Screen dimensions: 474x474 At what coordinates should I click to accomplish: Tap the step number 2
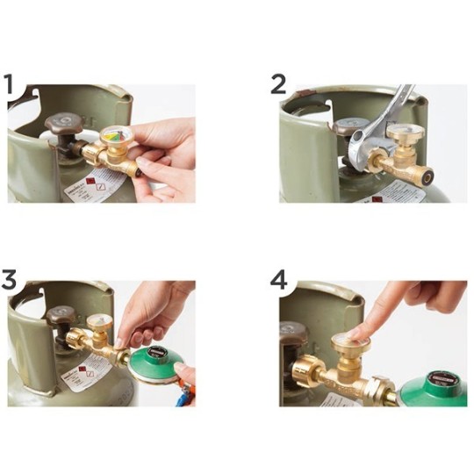point(279,85)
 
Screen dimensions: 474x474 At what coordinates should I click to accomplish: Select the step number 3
point(11,281)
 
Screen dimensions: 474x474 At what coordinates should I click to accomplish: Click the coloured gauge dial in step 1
point(114,139)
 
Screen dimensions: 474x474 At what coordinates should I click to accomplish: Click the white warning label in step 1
point(98,185)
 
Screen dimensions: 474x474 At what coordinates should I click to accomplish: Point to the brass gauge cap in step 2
point(405,138)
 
